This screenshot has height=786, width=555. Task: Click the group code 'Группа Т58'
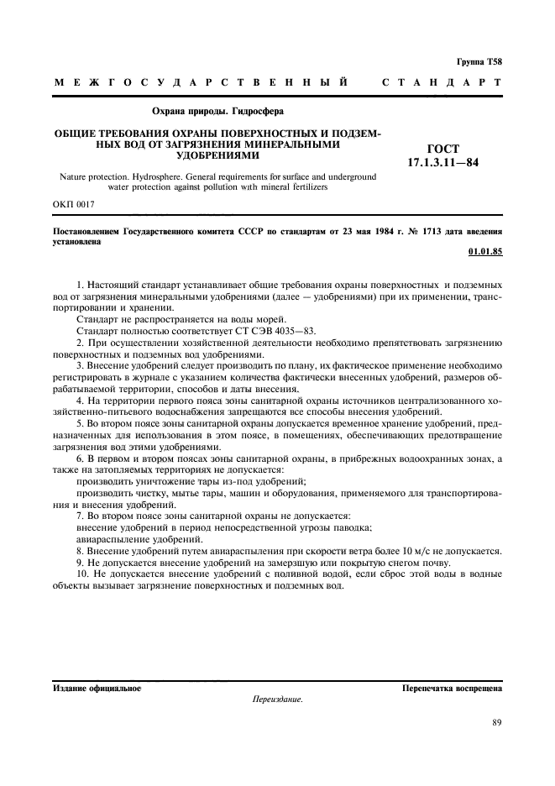click(x=479, y=62)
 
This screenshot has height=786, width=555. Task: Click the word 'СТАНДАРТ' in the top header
click(x=442, y=83)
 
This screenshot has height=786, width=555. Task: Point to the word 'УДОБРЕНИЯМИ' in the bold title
click(x=217, y=156)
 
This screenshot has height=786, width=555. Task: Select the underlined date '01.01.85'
click(x=485, y=252)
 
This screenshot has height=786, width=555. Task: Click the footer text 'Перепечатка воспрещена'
click(x=453, y=689)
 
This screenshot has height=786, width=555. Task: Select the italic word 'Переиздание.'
click(x=277, y=699)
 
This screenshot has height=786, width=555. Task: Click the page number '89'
click(x=496, y=722)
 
